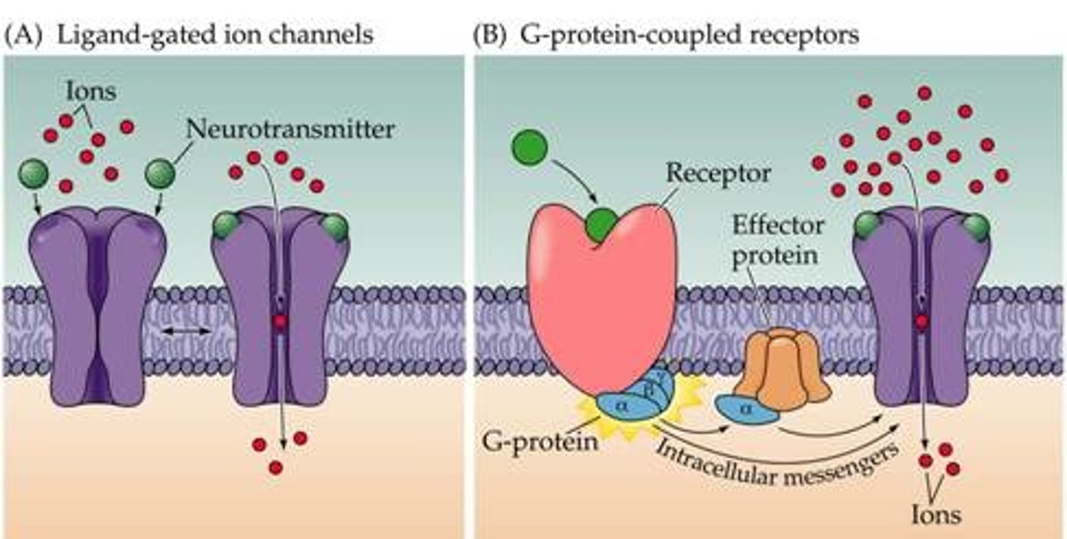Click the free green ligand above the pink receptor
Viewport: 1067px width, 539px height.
[529, 147]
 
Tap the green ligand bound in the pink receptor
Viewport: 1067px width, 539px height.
[602, 225]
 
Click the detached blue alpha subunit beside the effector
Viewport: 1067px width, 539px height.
[746, 409]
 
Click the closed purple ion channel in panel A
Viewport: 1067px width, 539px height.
[98, 304]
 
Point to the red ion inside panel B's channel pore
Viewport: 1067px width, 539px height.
[921, 322]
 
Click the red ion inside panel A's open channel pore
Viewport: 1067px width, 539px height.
[280, 322]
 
